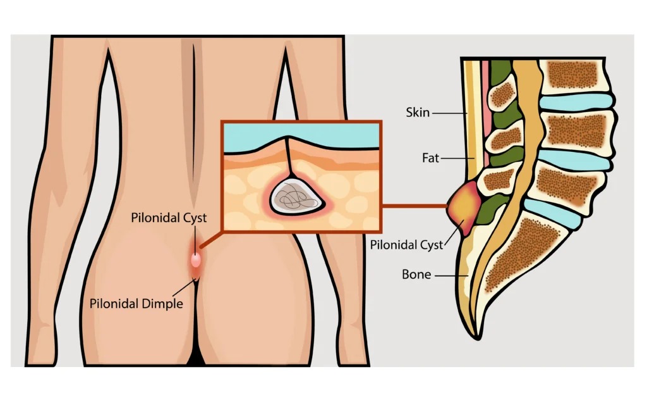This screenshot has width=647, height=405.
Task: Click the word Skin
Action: tap(418, 113)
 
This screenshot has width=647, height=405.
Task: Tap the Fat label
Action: tap(430, 158)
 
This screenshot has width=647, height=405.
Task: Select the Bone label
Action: tap(416, 275)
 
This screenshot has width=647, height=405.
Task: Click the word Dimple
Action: tap(161, 304)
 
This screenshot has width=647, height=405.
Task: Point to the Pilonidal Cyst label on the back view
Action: tap(169, 218)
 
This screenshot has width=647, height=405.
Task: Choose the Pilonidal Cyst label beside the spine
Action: tap(406, 245)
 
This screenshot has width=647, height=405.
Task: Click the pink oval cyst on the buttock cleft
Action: tap(196, 260)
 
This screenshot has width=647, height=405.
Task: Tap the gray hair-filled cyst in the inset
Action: tap(296, 196)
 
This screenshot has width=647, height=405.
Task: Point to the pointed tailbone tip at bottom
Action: tap(478, 337)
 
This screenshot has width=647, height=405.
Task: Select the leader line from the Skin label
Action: tap(449, 113)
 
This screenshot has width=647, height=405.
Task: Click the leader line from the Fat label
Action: tap(457, 158)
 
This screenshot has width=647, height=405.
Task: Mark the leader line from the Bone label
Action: tap(451, 275)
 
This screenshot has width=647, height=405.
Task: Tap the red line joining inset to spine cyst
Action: tap(414, 206)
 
